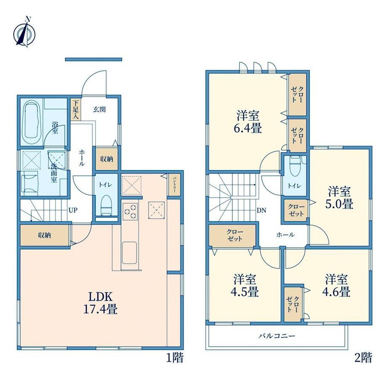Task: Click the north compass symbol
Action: [24, 32]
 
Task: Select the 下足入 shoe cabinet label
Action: [75, 110]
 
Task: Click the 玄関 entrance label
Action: [99, 109]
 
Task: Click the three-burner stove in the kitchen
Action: [130, 212]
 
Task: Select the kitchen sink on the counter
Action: [129, 252]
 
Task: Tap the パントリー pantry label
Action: [174, 185]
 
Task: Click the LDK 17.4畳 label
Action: [100, 303]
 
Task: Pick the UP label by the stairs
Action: [73, 210]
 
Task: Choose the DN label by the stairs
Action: [261, 210]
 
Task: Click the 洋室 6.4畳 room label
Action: [248, 122]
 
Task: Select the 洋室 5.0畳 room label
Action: [339, 198]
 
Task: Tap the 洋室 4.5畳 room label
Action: [245, 286]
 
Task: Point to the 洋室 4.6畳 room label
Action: [336, 286]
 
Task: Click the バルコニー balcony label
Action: [277, 336]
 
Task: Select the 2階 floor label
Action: [363, 358]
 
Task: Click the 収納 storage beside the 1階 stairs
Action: [44, 235]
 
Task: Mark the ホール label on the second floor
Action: [285, 234]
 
